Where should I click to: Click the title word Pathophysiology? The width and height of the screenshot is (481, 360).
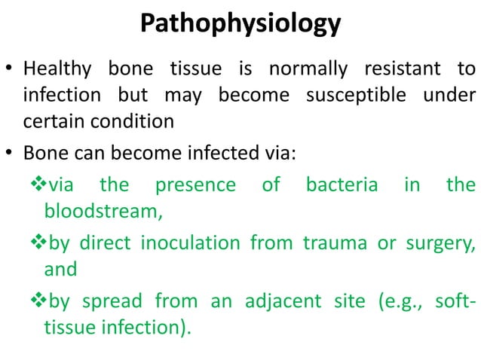click(x=240, y=25)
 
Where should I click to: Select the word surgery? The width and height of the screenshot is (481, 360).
click(x=437, y=244)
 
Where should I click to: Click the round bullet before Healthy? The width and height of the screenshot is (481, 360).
click(x=11, y=72)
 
